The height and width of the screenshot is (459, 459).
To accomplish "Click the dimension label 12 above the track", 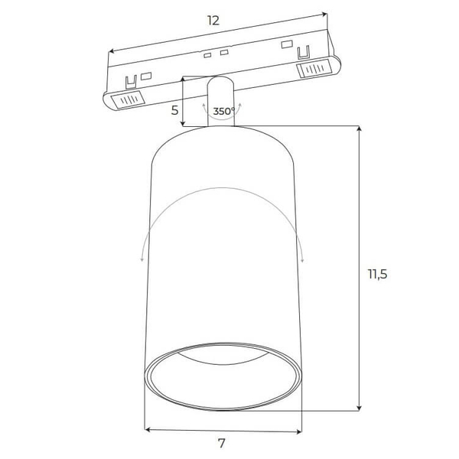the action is coord(213,21).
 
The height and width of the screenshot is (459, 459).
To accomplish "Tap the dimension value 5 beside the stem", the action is coord(174,110).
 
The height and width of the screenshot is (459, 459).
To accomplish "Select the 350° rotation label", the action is coord(224,111).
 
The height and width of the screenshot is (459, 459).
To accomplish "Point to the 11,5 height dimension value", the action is coord(378,275).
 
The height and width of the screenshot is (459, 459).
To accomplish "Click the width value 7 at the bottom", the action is coord(222,443).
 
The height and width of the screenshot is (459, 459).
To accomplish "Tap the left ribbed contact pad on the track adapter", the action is coord(128,99).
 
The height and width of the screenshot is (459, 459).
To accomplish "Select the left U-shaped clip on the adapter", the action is coord(131,82).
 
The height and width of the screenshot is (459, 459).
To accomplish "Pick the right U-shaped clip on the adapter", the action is coord(304,52).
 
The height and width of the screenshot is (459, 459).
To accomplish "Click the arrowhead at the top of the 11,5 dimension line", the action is coord(360,128).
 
